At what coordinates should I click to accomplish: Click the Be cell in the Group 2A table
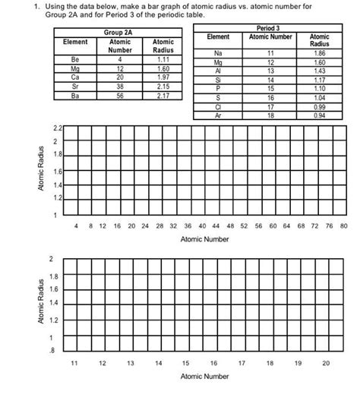(x=75, y=58)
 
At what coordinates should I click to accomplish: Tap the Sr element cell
(x=75, y=87)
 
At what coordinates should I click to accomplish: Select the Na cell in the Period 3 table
(x=218, y=54)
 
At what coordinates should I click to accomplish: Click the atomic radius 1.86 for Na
(x=320, y=54)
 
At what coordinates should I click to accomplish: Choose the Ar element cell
(x=218, y=116)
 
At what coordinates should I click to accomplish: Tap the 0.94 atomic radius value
(x=320, y=116)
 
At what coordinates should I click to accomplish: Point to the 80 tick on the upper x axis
(x=343, y=225)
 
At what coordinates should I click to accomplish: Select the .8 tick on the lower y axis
(x=52, y=350)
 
